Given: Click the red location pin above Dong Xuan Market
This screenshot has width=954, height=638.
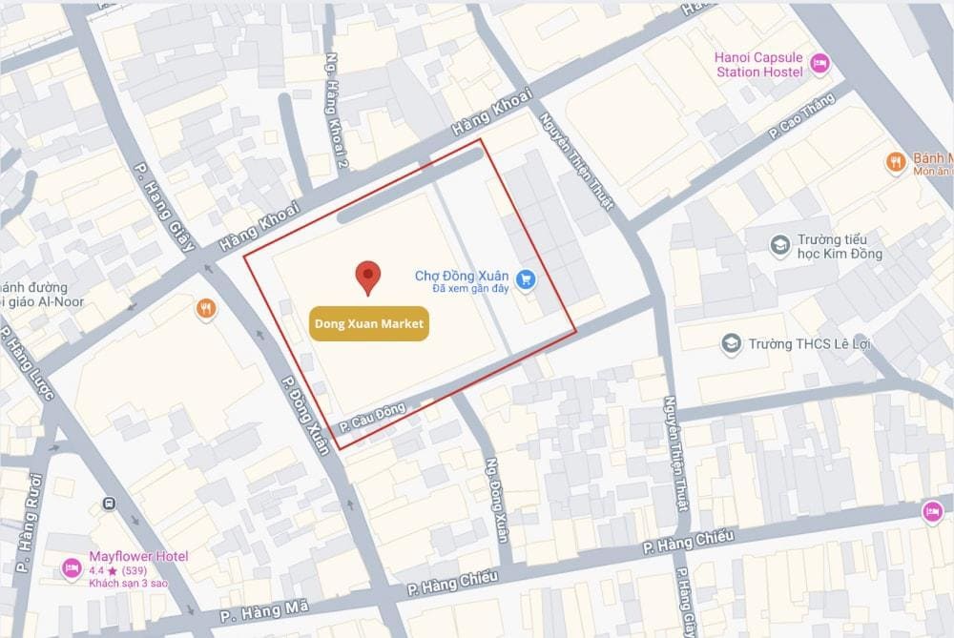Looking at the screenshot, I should [368, 276].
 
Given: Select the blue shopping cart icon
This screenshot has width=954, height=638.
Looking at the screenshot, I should [525, 279].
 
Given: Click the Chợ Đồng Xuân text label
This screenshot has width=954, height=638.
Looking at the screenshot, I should [461, 276].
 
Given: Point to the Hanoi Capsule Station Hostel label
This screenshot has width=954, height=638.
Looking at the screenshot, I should [758, 64].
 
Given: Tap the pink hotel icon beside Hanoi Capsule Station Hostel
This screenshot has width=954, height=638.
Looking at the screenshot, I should [819, 64].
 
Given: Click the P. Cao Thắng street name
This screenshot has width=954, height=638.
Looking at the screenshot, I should [801, 119].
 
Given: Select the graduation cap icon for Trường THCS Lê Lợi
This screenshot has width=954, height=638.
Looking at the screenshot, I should [732, 343].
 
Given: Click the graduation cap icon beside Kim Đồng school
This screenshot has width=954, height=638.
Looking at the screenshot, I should [780, 246].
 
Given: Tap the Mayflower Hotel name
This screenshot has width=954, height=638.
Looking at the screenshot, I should [138, 556].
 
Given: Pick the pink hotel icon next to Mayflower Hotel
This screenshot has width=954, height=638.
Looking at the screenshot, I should [72, 568].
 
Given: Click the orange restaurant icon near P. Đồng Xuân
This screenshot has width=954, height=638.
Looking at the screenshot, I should [205, 309].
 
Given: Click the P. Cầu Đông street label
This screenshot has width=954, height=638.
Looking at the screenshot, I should [372, 420].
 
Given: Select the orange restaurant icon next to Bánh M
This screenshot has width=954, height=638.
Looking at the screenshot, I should [895, 163].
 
